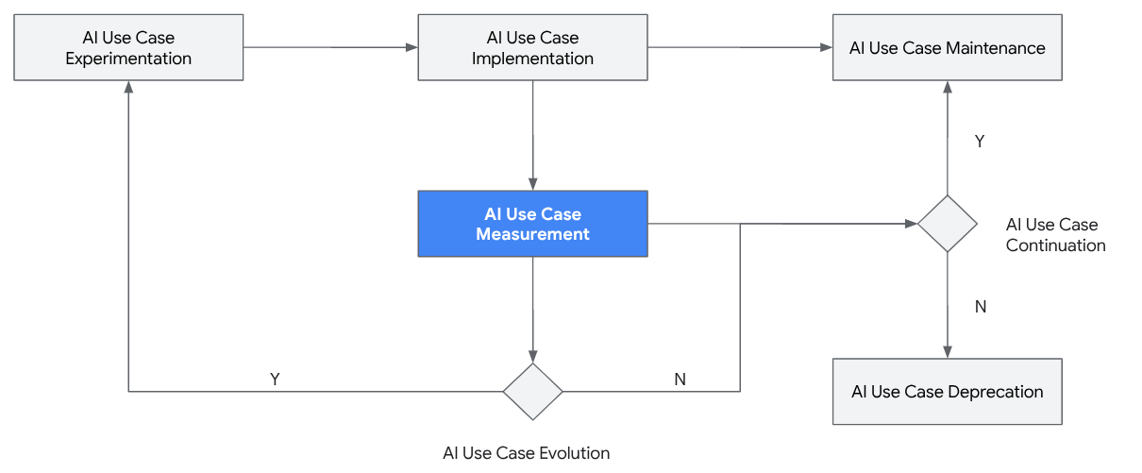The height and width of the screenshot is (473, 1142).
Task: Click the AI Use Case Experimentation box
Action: point(128,47)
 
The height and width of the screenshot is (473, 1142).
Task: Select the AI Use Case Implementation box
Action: point(532,47)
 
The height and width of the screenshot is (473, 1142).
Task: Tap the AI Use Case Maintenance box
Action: point(947,47)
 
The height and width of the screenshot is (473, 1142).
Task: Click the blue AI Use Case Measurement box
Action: point(532,224)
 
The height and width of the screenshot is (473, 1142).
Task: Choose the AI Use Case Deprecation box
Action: point(947,391)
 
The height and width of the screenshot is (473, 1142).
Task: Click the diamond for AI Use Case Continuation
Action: point(947,224)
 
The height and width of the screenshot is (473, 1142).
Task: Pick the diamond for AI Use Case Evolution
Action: point(532,391)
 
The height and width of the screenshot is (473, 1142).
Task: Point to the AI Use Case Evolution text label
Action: point(526,453)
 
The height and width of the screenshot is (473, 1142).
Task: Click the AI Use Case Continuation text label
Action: point(1055,235)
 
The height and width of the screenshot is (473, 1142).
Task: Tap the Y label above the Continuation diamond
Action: point(980,141)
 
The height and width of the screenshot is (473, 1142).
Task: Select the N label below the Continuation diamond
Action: point(980,307)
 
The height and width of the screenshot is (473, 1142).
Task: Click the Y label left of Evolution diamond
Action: point(275,379)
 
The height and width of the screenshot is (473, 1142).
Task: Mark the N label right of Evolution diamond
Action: point(680,379)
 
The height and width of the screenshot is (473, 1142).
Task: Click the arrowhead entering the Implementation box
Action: point(411,47)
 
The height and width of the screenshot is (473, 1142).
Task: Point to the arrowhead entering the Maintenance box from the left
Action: point(826,47)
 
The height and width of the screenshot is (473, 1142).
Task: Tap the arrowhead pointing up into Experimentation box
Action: point(128,87)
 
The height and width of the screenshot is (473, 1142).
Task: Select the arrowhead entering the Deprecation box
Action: point(947,352)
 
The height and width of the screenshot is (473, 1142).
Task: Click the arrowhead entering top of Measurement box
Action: point(532,184)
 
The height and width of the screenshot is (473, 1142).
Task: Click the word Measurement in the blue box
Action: point(532,234)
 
